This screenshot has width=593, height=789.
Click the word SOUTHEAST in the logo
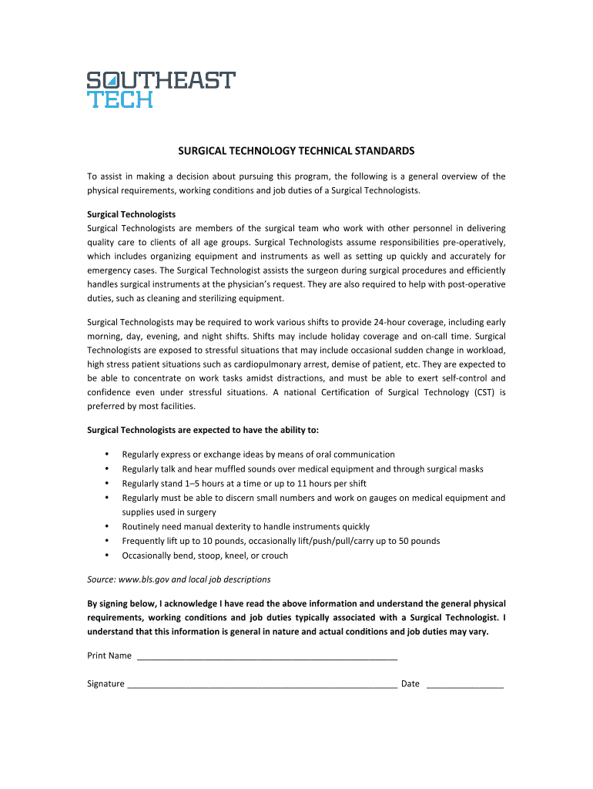(161, 80)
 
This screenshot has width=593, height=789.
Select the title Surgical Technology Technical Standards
(296, 151)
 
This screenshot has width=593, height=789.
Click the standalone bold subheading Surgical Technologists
(132, 213)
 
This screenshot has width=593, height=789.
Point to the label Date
(410, 683)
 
